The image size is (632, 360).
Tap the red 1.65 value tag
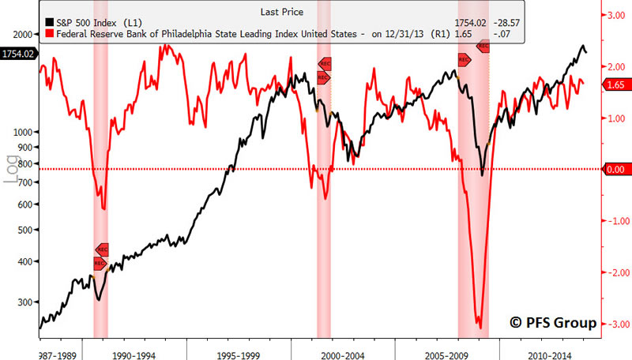click(x=616, y=84)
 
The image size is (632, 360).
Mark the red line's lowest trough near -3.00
click(x=479, y=325)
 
